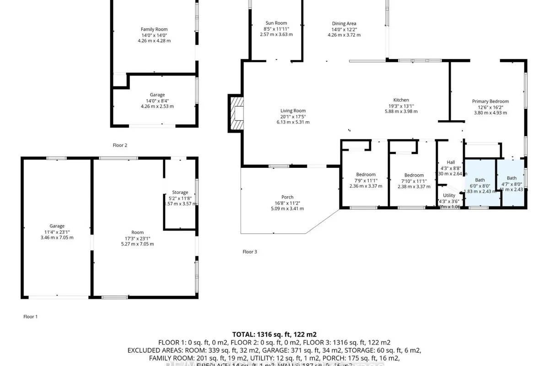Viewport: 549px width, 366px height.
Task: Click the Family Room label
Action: pyautogui.click(x=154, y=29)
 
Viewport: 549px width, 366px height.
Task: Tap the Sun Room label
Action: pyautogui.click(x=276, y=23)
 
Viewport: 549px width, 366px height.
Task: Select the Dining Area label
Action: pyautogui.click(x=344, y=24)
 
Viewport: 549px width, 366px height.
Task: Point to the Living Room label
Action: pyautogui.click(x=293, y=111)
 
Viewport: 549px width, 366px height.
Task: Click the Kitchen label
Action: pyautogui.click(x=401, y=100)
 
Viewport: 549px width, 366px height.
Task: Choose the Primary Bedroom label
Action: pyautogui.click(x=490, y=102)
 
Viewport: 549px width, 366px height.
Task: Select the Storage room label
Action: pyautogui.click(x=180, y=193)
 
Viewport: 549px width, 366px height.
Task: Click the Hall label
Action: pyautogui.click(x=451, y=162)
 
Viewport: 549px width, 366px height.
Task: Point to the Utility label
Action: pyautogui.click(x=449, y=195)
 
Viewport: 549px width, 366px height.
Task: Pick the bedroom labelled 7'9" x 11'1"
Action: pyautogui.click(x=366, y=175)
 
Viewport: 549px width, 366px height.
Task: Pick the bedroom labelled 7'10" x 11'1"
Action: pyautogui.click(x=414, y=175)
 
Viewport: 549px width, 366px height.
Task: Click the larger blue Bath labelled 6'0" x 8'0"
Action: pyautogui.click(x=479, y=180)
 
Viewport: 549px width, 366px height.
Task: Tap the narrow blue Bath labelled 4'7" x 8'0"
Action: pyautogui.click(x=511, y=178)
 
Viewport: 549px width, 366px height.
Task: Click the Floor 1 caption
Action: pyautogui.click(x=31, y=316)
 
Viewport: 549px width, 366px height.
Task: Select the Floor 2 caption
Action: pyautogui.click(x=120, y=145)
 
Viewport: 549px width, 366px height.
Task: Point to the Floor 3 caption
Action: pyautogui.click(x=250, y=252)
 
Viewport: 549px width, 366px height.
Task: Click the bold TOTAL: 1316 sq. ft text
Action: pyautogui.click(x=274, y=334)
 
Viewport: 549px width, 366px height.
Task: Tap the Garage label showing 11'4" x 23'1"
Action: pyautogui.click(x=57, y=226)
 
